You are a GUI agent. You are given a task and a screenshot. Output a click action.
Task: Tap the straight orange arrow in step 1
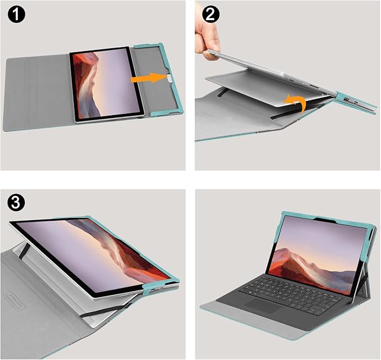click(x=147, y=80)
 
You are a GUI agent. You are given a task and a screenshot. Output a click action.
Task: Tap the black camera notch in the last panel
click(x=325, y=219)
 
